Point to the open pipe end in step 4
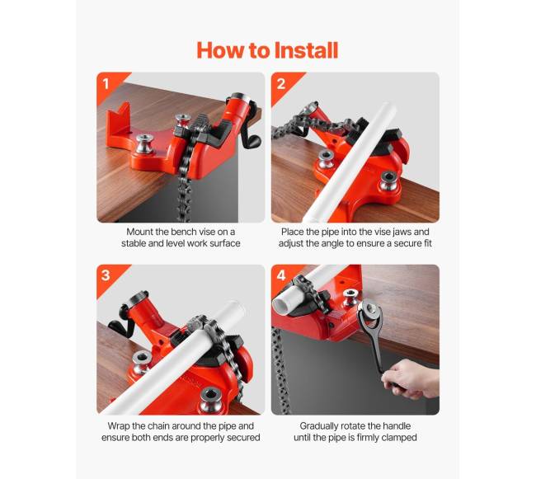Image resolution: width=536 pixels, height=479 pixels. point(284,302)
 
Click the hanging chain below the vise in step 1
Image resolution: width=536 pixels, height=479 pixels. point(184,191)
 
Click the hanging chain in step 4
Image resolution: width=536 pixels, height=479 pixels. point(280,369)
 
